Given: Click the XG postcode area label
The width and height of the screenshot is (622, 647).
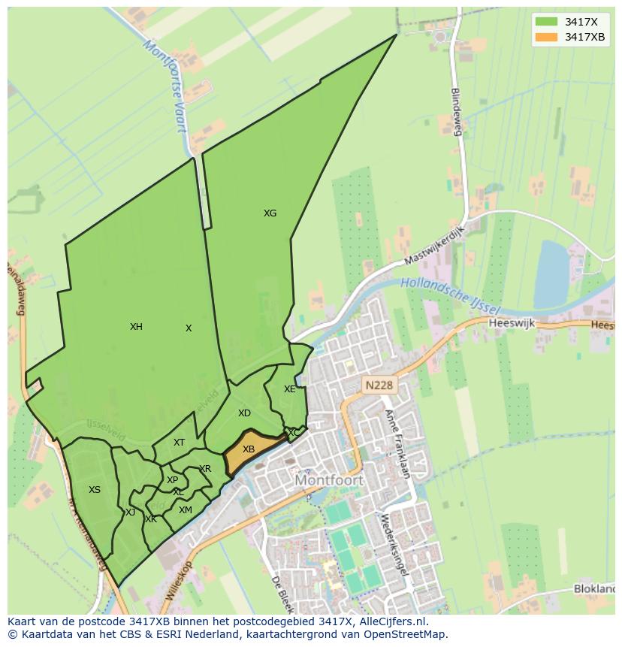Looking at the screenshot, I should [x=270, y=213].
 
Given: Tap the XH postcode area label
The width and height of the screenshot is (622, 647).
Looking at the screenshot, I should [x=136, y=327].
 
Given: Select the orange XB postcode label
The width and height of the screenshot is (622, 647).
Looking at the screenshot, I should [x=249, y=449].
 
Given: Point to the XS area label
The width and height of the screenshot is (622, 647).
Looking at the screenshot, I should [x=95, y=490].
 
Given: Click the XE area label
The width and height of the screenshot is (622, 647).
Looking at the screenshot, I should [x=289, y=389].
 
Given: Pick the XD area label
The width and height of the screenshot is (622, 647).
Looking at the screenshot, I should [x=244, y=413].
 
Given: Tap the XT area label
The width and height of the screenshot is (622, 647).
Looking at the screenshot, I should [x=179, y=443].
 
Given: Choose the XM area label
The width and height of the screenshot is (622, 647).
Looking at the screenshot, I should [x=185, y=510].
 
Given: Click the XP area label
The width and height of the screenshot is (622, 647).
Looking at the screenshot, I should [x=173, y=480].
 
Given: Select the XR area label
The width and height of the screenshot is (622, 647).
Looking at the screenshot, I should [x=205, y=469].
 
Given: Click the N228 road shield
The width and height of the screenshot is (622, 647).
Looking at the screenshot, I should [x=379, y=385].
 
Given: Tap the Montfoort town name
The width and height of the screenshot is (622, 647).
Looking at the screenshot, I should [x=329, y=479].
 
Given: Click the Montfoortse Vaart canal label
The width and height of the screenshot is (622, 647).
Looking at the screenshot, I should [x=164, y=86].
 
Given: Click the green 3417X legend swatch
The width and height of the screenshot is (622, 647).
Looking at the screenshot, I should [x=546, y=22].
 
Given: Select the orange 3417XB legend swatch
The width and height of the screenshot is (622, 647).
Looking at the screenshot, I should [x=546, y=37].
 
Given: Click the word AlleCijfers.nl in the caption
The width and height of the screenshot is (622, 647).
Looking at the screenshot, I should [x=390, y=621].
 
